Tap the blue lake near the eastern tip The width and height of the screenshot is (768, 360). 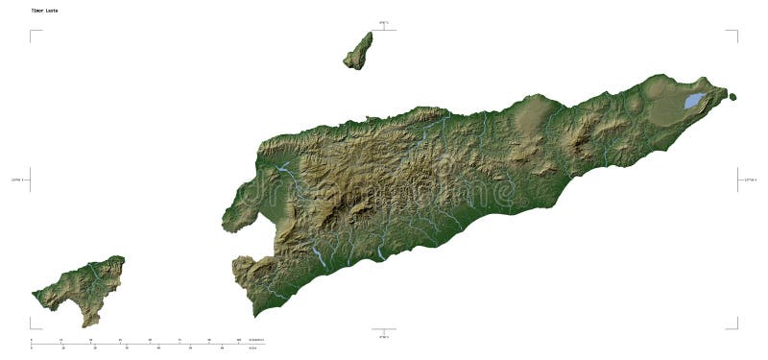693,100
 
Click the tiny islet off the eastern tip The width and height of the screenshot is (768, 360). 732,96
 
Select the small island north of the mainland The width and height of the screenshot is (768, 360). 358,51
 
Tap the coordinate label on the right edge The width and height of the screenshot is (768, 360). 750,179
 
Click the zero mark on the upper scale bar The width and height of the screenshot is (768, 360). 32,340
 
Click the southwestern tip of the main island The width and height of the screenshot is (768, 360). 254,312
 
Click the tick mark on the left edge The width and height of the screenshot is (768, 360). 31,179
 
